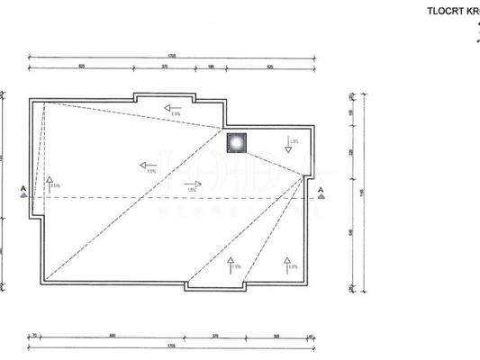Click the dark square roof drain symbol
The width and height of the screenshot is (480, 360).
tap(236, 142)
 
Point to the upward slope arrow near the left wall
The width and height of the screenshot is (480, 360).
tap(50, 184)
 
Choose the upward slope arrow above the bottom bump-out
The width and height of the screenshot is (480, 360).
tap(231, 263)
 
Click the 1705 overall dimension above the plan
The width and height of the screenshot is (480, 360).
tap(171, 56)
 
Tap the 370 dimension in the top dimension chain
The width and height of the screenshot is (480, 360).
tap(165, 67)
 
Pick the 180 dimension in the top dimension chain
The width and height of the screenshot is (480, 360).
tap(211, 67)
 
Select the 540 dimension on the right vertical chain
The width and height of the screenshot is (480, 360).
tap(351, 231)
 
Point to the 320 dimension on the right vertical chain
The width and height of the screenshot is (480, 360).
tap(351, 152)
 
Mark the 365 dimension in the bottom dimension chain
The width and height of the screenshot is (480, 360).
tap(275, 335)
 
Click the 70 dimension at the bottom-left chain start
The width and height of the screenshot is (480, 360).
tap(33, 335)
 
